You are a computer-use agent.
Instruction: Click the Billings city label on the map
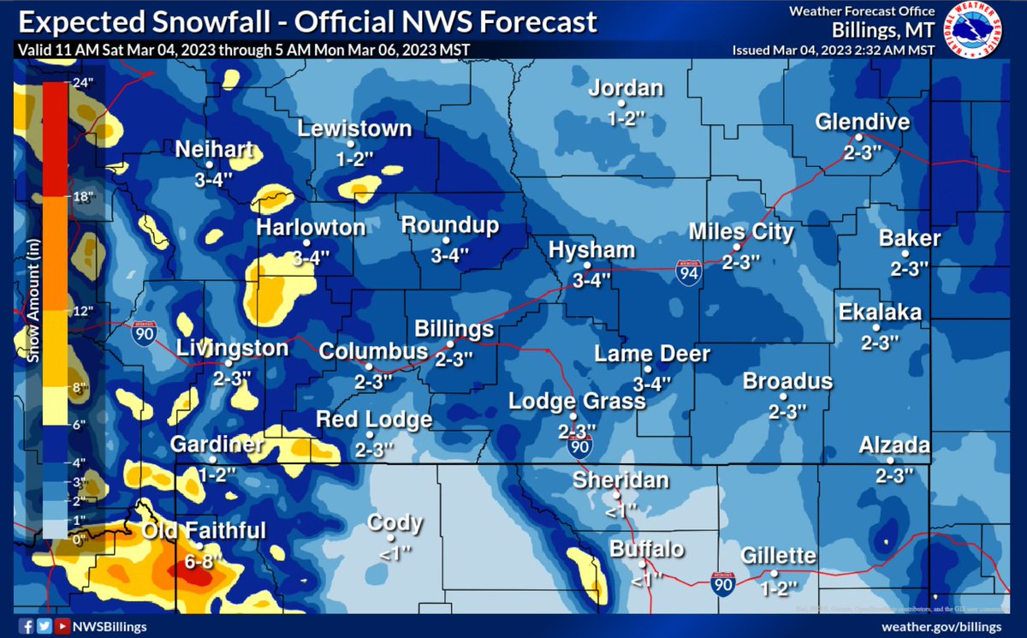tap(454, 330)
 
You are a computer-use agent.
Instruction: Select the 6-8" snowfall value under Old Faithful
tap(204, 562)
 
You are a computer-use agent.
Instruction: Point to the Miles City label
tap(742, 232)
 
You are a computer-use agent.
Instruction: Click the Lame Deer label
tap(652, 355)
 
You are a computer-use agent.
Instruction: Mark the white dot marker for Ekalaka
tap(876, 327)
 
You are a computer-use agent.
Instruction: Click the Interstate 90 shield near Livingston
tap(143, 333)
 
